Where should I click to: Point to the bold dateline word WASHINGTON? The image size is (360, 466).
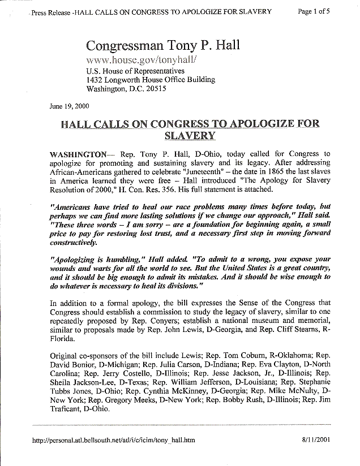pyautogui.click(x=79, y=154)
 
